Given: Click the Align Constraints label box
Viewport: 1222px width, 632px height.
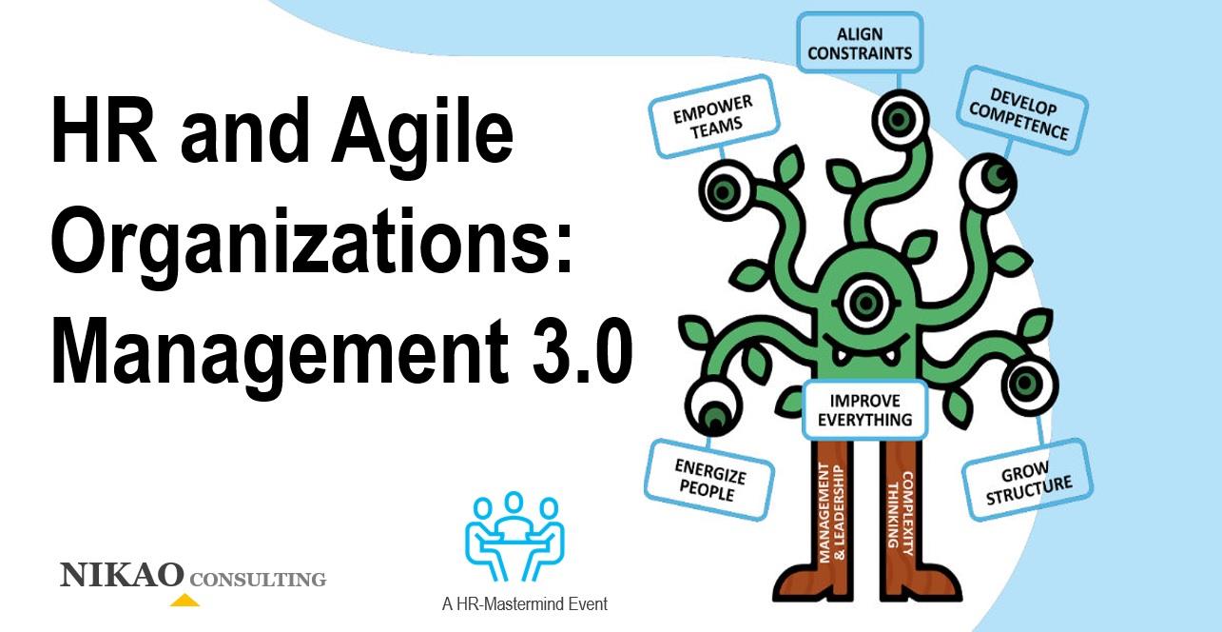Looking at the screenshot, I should point(859,43).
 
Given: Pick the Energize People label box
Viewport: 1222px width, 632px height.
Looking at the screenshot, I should point(709,478).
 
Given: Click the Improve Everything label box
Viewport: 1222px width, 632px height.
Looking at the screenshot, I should point(864,409).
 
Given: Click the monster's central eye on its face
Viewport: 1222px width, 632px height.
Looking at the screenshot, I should point(864,303).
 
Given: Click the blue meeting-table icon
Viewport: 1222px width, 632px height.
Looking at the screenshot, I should point(514,539).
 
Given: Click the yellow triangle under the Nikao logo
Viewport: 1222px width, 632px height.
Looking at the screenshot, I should point(184,601).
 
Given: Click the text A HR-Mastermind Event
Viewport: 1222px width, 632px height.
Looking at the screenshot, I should point(524,603).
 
